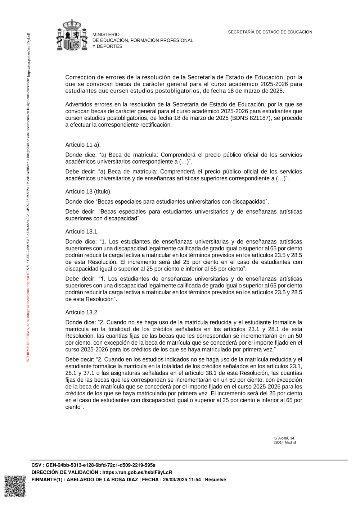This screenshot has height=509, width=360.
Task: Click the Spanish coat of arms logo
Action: pos(72,35)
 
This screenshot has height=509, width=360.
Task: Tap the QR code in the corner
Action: pos(15,486)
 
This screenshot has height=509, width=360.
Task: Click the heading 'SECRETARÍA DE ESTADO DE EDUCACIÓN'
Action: pos(270,32)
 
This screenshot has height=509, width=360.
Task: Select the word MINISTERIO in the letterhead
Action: pos(106,35)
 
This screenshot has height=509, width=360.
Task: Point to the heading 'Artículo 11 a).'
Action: pos(83,145)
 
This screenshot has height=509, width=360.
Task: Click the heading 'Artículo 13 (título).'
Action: pos(88,191)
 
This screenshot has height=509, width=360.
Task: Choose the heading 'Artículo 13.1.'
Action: pos(82,231)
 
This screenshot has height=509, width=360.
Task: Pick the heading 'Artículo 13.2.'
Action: pos(82,312)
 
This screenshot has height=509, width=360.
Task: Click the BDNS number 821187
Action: pos(258,118)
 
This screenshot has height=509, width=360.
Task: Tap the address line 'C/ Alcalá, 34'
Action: pos(284,438)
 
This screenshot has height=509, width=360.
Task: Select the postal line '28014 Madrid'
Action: pos(284,442)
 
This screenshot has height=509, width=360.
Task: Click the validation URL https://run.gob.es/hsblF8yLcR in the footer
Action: pos(137,472)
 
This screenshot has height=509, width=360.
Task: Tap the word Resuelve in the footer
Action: pos(215,480)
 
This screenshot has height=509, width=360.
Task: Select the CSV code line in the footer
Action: pos(93,465)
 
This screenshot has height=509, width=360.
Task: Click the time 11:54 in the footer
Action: pos(194,480)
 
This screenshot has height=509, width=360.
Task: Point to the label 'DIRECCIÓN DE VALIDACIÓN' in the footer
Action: pos(65,472)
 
